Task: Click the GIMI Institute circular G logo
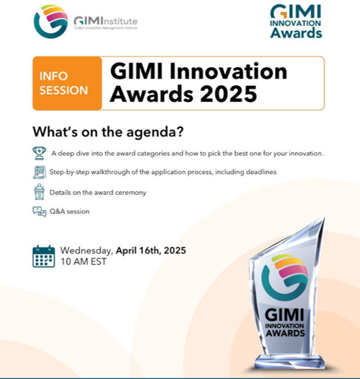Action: click(51, 21)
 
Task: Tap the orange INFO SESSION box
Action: click(67, 84)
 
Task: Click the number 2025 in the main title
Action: click(228, 94)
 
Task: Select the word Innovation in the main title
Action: click(228, 71)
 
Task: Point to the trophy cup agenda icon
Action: click(39, 153)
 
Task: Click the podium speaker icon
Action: click(39, 192)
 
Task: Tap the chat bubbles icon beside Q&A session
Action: click(40, 212)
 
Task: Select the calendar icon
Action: click(44, 256)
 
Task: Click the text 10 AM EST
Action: click(84, 261)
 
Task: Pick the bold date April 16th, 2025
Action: click(151, 251)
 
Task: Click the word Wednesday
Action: click(87, 251)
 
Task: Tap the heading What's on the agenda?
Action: click(108, 132)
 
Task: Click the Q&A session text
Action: click(69, 212)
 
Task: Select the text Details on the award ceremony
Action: click(98, 193)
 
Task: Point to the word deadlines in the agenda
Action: click(261, 172)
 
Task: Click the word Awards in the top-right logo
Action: click(297, 33)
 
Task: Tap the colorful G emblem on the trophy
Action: click(285, 277)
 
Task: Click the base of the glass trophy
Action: click(289, 362)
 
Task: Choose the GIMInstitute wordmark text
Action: click(105, 21)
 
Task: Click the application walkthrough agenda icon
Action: click(39, 172)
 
